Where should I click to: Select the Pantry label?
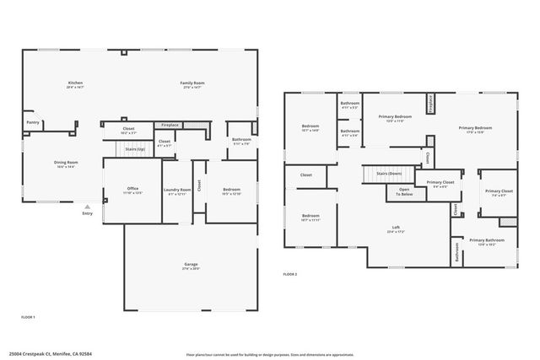[33, 122]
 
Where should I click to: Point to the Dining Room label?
[66, 164]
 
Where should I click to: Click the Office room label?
[132, 190]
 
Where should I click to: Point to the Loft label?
[396, 228]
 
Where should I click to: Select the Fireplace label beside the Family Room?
[170, 125]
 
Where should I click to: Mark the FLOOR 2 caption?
[289, 275]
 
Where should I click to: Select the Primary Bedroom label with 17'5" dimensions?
[475, 129]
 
